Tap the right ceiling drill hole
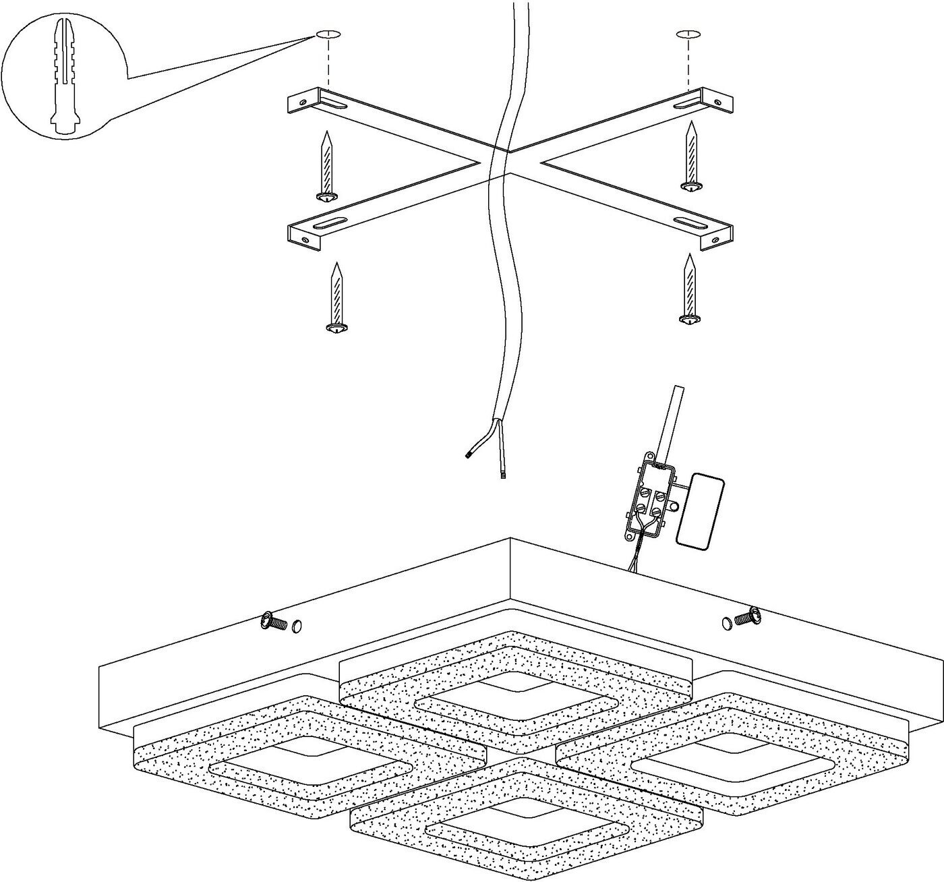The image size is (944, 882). click(688, 34)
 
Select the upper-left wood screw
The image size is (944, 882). click(327, 165)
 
